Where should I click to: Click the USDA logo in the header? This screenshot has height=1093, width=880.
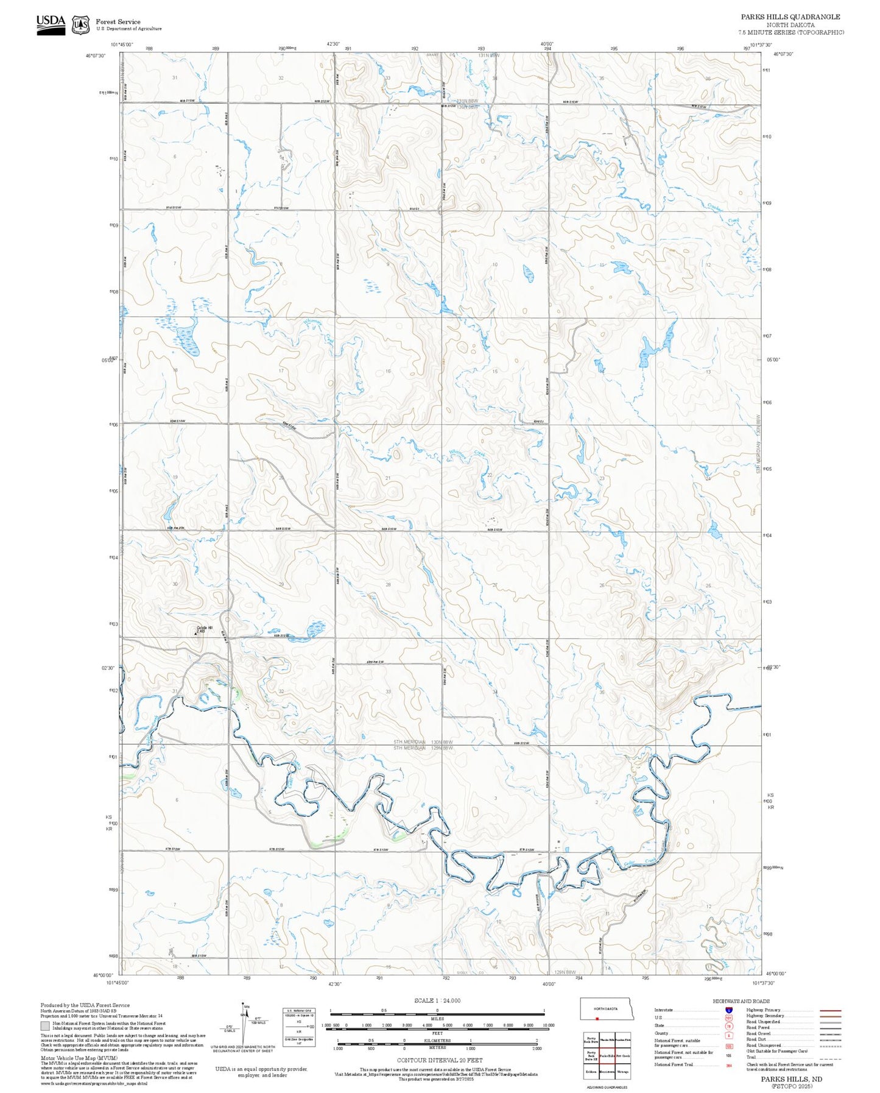point(51,24)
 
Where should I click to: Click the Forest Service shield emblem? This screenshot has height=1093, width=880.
point(80,24)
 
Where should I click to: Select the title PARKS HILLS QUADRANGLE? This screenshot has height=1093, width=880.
point(790,17)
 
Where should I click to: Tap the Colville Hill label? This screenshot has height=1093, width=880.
point(205,628)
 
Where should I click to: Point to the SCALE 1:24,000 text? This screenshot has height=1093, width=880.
point(437,1000)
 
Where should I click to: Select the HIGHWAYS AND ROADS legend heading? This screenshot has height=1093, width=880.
point(741,1001)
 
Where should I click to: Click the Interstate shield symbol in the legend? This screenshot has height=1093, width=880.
point(729,1010)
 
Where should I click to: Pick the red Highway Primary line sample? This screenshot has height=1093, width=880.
point(831,1011)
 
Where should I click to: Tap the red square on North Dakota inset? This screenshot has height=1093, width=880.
point(597,1019)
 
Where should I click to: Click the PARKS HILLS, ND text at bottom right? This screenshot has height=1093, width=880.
point(790,1078)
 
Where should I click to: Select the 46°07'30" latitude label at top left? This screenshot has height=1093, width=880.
point(95,55)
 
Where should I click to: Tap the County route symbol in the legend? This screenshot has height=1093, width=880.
point(729,1034)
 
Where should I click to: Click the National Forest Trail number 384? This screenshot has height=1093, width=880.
point(729,1066)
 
